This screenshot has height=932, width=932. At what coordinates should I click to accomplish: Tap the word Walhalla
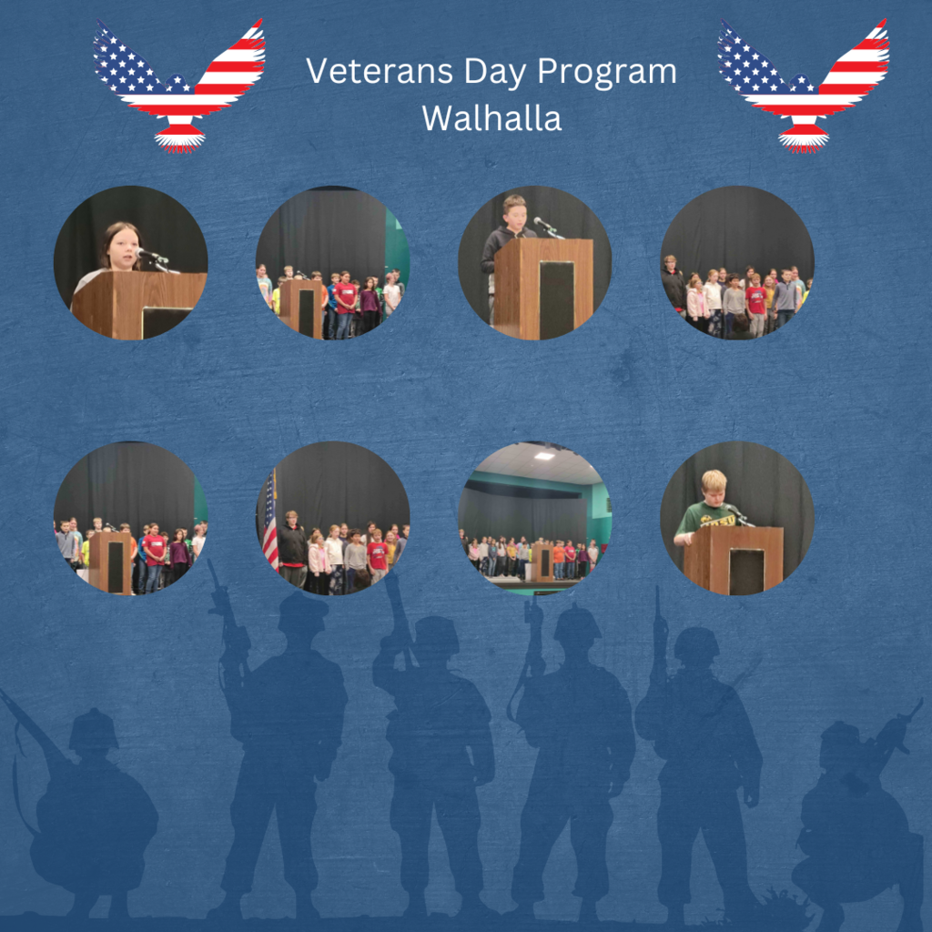tap(491, 118)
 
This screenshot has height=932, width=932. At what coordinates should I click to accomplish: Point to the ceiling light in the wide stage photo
tap(543, 457)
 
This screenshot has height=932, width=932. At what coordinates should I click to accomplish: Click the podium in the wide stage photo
tap(542, 561)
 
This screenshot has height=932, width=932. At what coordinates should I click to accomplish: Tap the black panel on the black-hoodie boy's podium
tap(556, 299)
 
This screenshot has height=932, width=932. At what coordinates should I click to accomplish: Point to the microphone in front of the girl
tap(153, 258)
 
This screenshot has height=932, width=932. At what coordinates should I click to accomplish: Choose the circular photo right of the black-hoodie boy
tap(737, 263)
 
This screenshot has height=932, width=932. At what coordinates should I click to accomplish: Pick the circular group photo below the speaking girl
tap(131, 518)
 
